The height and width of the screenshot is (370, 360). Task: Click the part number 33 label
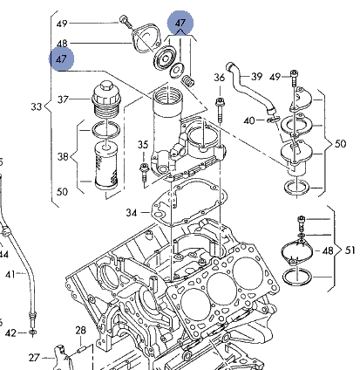(x=37, y=106)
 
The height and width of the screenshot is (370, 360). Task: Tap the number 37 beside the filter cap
(x=63, y=99)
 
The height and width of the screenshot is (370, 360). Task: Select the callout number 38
(x=63, y=157)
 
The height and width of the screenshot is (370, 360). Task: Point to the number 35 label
(x=143, y=145)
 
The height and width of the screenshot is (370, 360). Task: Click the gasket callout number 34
(x=132, y=213)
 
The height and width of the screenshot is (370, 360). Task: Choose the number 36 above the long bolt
(x=220, y=78)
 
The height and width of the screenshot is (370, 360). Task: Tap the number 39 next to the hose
(x=256, y=77)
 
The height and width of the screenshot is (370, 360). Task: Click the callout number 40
(x=249, y=120)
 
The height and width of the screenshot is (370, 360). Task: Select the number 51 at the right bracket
(x=350, y=250)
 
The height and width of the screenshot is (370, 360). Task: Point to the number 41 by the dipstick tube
(x=10, y=274)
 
